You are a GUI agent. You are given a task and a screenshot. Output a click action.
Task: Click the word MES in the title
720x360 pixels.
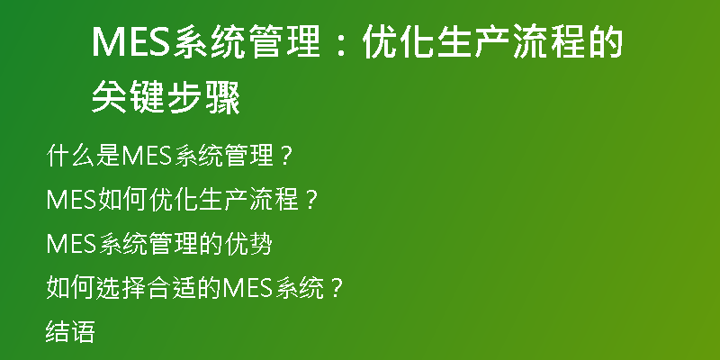point(132,42)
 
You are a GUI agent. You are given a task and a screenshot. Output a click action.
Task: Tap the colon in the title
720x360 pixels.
point(340,43)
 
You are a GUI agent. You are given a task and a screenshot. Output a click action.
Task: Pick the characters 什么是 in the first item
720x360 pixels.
point(84,155)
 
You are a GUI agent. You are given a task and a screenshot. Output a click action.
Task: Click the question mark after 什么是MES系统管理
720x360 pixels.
point(285,156)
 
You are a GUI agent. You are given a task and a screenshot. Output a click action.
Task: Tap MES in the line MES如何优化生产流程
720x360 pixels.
point(71,200)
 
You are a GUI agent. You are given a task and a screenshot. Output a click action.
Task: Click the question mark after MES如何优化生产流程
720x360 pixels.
point(311,200)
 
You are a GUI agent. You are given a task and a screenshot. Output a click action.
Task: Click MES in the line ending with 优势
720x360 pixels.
point(71,244)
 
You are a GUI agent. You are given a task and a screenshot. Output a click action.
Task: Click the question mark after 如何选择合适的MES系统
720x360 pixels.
point(337,288)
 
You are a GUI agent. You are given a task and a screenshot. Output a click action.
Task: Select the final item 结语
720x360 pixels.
point(70,331)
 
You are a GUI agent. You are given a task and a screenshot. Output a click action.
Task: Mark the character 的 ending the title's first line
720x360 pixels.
point(604,42)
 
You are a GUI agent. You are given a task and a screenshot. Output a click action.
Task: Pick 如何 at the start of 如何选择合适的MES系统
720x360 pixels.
point(71,287)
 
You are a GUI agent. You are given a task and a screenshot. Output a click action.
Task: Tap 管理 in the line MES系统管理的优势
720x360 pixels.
point(175,243)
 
